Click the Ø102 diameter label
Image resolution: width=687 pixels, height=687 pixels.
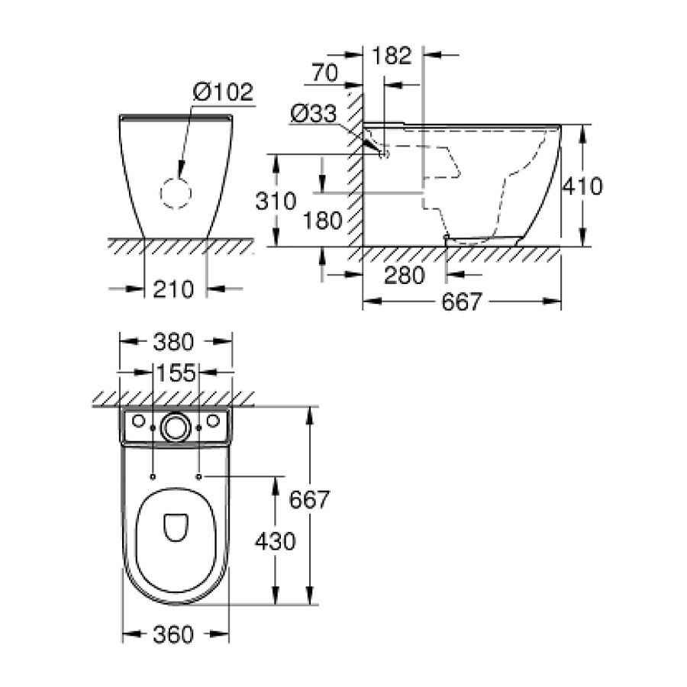click(x=223, y=92)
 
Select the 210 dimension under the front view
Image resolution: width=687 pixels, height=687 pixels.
click(x=176, y=289)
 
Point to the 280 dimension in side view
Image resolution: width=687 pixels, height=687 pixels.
click(x=404, y=275)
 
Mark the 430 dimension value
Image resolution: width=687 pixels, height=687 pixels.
click(x=274, y=541)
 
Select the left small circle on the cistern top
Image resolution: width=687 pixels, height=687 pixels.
click(x=138, y=421)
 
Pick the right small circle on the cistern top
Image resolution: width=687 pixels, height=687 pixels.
click(x=213, y=421)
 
